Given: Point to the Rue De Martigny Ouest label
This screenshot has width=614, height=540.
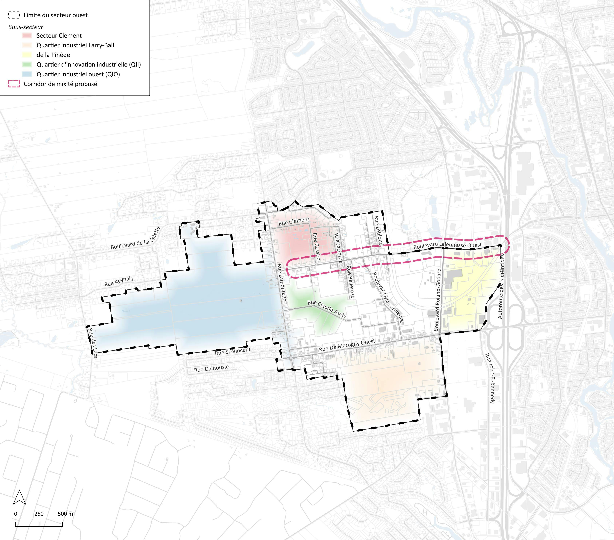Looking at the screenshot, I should coord(347,345).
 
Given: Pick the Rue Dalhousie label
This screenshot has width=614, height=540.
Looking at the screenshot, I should coord(211,369).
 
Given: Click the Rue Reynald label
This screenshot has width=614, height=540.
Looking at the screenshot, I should coord(119,281).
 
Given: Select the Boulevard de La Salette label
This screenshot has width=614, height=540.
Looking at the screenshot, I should coord(136,238).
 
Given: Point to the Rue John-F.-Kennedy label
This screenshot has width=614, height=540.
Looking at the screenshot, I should coord(489,378).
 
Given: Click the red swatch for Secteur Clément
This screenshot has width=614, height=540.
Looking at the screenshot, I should coord(27,35).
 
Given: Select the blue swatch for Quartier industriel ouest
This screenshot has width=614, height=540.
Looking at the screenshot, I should coord(27,74).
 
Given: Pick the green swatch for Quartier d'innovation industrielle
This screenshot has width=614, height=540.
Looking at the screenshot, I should coord(27,65).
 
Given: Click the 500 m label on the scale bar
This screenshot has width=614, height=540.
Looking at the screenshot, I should coord(65,514).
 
